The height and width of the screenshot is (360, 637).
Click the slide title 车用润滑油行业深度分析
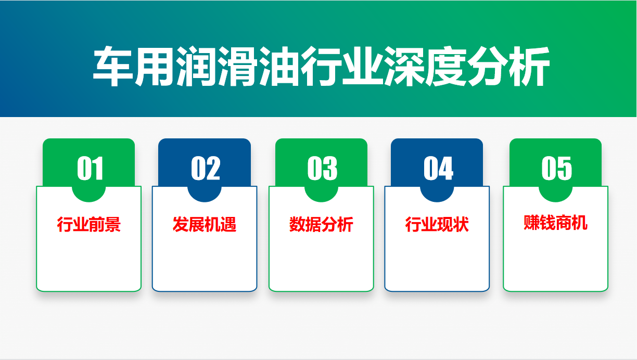321,66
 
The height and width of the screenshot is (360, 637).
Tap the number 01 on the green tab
90,168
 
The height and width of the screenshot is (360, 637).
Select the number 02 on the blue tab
206,168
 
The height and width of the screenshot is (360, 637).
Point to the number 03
322,168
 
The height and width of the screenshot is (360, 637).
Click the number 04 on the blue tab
438,168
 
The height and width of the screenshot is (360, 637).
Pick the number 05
556,168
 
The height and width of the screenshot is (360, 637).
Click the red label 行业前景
88,224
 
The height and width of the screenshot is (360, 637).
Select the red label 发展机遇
205,224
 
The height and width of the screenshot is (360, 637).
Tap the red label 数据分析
321,224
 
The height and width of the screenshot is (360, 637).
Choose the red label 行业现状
437,224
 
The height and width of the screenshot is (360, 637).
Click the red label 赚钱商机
556,223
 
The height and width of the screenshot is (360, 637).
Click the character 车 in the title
113,66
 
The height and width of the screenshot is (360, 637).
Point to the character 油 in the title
279,66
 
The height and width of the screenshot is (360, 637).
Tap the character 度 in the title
445,66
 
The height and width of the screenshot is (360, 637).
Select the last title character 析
529,66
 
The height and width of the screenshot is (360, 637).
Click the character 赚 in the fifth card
532,223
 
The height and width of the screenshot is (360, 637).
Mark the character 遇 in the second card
228,224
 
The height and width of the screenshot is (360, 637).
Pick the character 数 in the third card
297,224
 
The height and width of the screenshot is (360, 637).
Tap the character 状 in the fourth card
461,224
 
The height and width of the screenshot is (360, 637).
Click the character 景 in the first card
113,224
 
